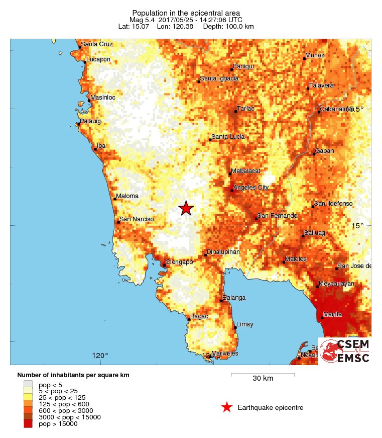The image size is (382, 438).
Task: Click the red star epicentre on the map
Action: pyautogui.click(x=186, y=208)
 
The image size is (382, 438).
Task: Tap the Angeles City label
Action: pyautogui.click(x=251, y=188)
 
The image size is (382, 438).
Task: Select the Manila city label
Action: pyautogui.click(x=332, y=314)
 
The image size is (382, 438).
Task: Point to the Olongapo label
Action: pyautogui.click(x=180, y=262)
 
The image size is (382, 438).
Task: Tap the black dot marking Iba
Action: pyautogui.click(x=95, y=149)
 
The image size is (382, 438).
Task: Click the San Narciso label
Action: pyautogui.click(x=136, y=219)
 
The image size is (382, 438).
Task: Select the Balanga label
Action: pyautogui.click(x=234, y=298)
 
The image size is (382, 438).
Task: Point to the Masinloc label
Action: pyautogui.click(x=103, y=97)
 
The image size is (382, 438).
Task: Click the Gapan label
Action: pyautogui.click(x=324, y=151)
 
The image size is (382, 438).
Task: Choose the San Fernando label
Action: pyautogui.click(x=277, y=216)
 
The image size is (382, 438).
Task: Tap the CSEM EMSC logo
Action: pyautogui.click(x=345, y=351)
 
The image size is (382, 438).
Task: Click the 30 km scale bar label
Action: pyautogui.click(x=263, y=379)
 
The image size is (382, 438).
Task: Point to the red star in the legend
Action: pyautogui.click(x=227, y=407)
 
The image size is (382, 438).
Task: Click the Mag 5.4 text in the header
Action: pyautogui.click(x=143, y=20)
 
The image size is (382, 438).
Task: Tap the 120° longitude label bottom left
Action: pyautogui.click(x=100, y=356)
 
